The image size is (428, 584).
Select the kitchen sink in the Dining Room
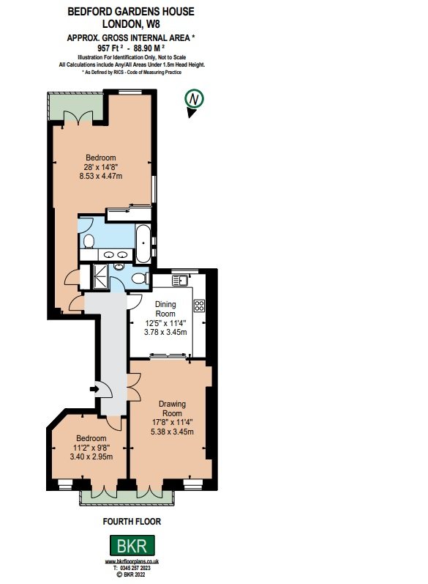point(180,279)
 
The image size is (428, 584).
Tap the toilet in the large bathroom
point(87,241)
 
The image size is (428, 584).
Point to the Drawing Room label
point(173,408)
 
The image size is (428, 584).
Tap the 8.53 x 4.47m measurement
point(101,176)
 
